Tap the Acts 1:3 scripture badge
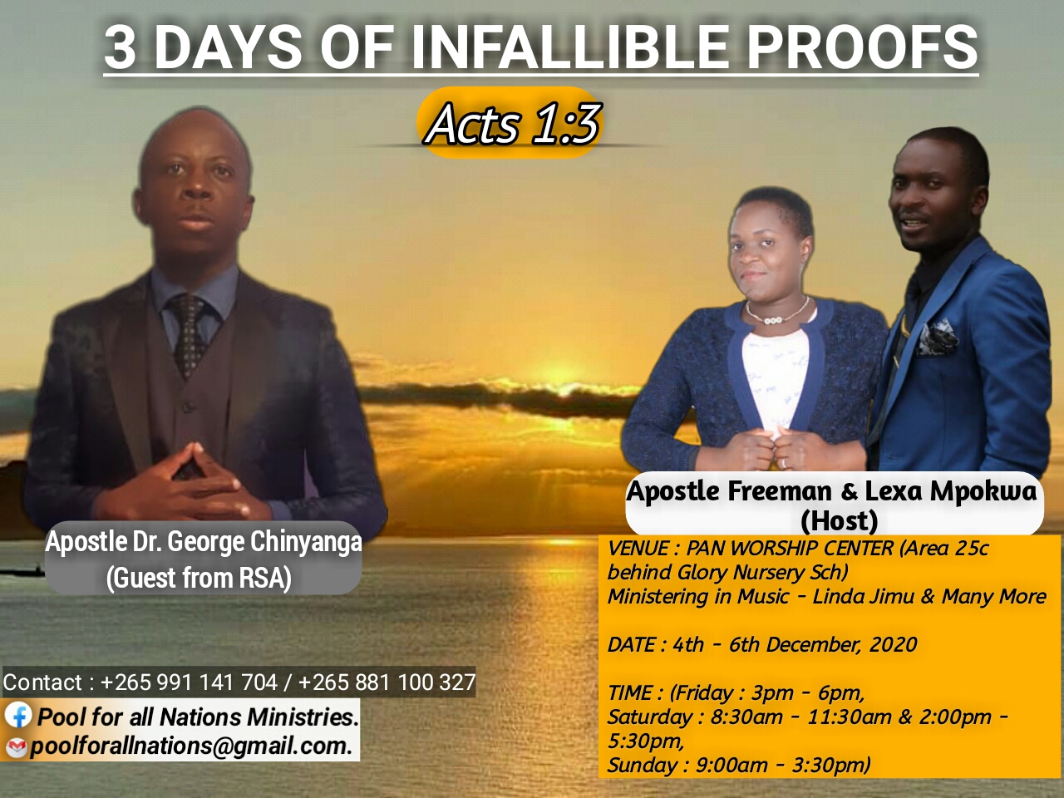click(510, 123)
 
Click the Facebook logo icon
click(18, 715)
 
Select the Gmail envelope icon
click(16, 747)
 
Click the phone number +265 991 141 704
click(189, 682)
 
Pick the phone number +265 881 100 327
click(387, 682)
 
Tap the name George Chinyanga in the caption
click(264, 543)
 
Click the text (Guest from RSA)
click(199, 578)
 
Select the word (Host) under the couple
click(839, 520)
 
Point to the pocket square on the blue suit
click(937, 337)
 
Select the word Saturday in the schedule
click(649, 717)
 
